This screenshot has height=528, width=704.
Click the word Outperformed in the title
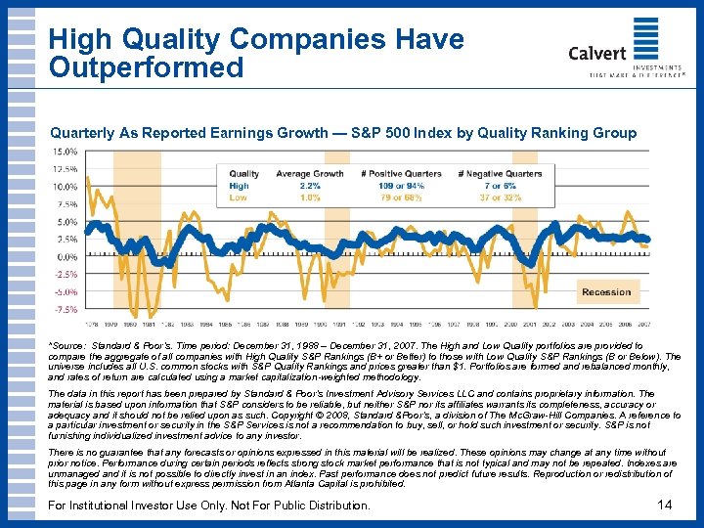(x=147, y=67)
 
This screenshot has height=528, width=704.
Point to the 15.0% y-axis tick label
(x=65, y=152)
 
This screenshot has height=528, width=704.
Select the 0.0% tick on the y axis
(x=66, y=256)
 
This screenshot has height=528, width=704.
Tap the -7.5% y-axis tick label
(x=66, y=309)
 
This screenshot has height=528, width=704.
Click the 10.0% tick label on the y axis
(x=65, y=187)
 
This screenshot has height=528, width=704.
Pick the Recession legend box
(x=606, y=292)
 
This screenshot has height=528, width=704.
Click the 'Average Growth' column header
(x=310, y=174)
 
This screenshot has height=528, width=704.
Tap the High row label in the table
(x=239, y=185)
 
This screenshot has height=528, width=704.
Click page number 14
(x=666, y=505)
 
